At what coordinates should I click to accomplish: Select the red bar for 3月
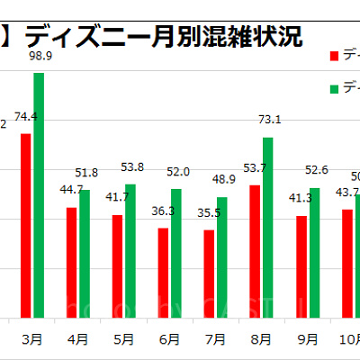(26, 225)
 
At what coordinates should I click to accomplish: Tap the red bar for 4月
(72, 262)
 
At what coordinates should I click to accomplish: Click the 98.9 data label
(40, 57)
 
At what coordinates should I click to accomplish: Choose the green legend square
(336, 88)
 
